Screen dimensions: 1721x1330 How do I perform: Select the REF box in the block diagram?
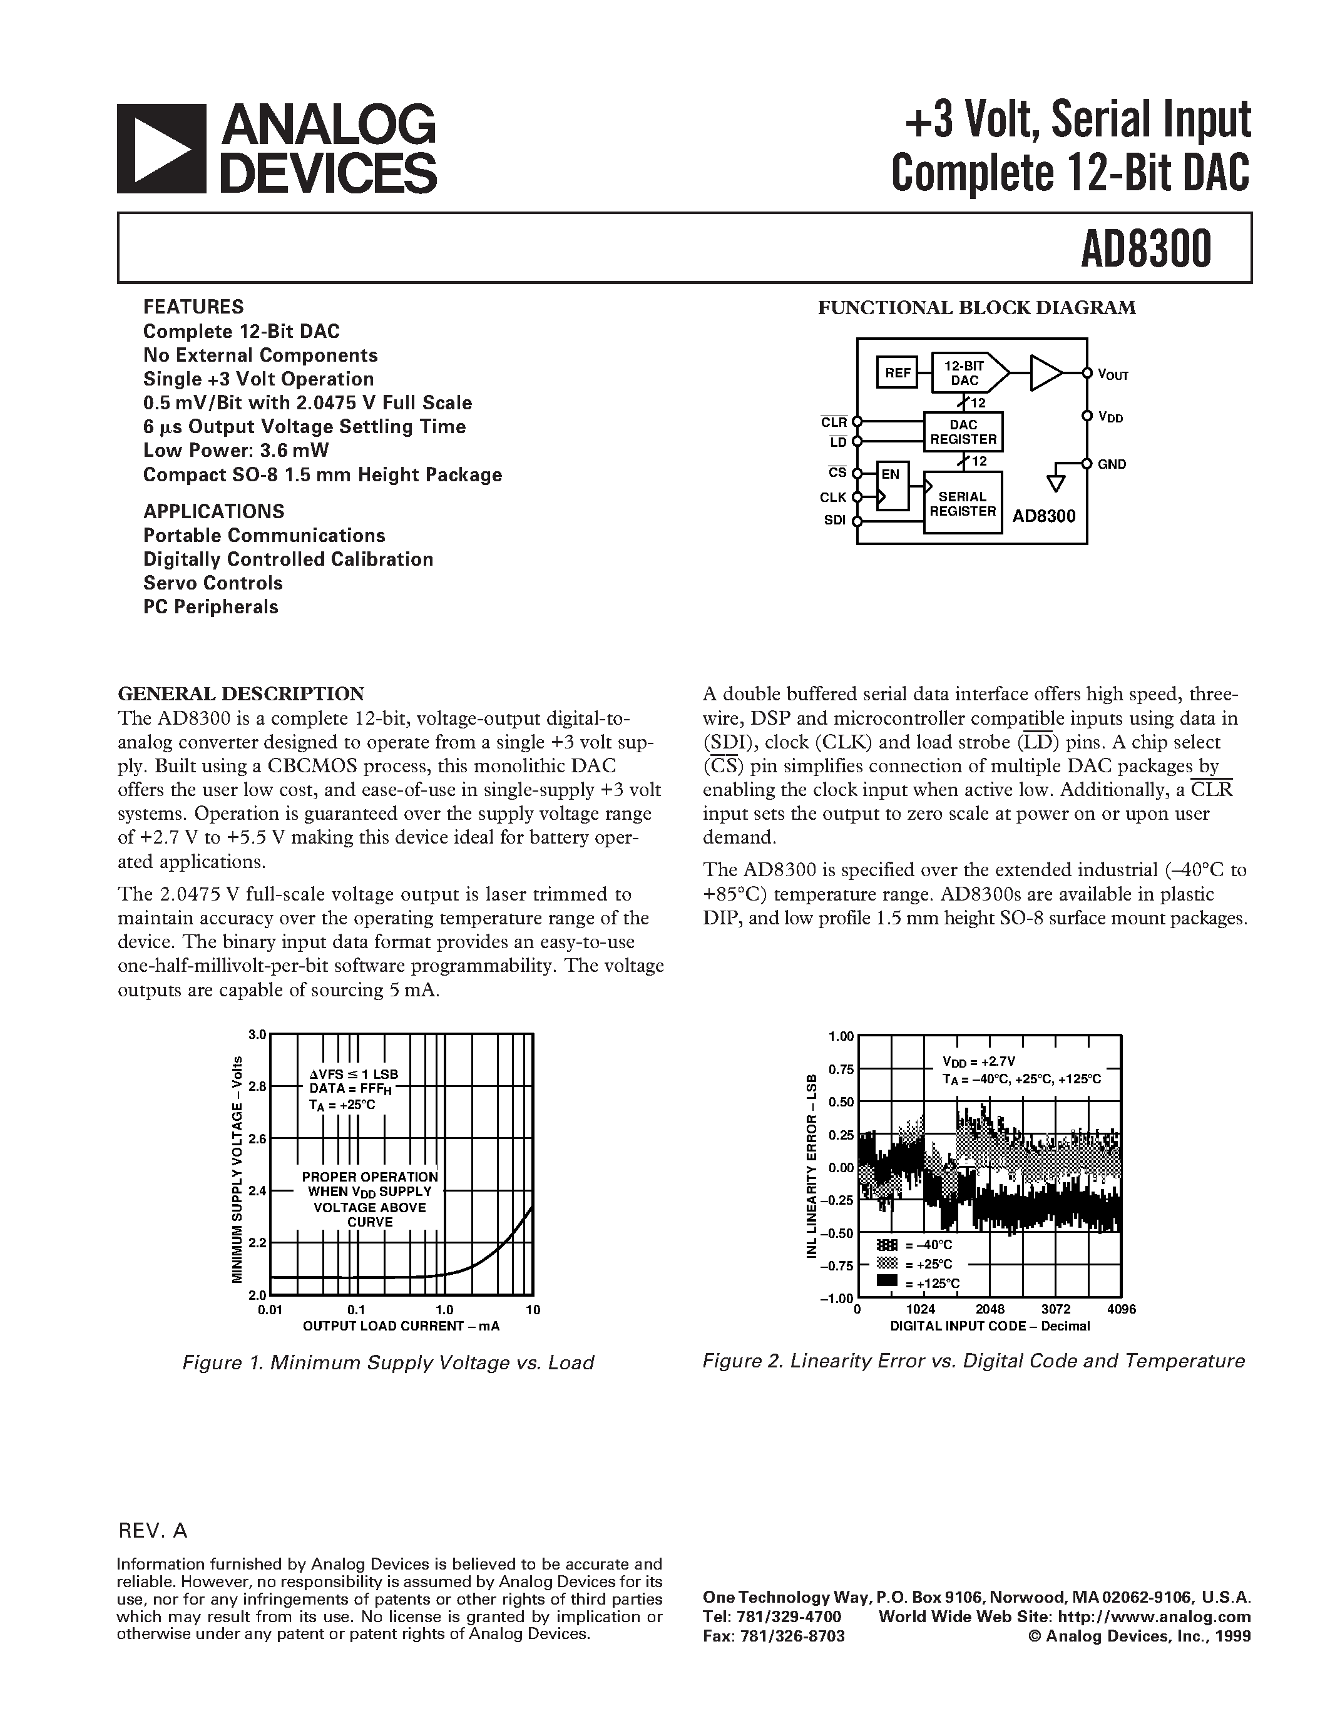[x=898, y=373]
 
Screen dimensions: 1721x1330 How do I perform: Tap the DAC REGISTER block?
[x=963, y=432]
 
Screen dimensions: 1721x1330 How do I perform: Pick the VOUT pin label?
[x=1113, y=374]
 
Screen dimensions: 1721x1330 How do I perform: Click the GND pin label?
[x=1112, y=464]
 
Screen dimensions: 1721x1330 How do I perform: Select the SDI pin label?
[x=834, y=521]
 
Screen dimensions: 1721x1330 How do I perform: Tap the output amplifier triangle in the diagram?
[x=1045, y=373]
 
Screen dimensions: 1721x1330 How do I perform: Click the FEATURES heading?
[x=193, y=307]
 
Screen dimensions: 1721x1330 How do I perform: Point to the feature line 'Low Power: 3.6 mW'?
[x=237, y=450]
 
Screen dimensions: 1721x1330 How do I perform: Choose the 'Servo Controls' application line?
[x=213, y=583]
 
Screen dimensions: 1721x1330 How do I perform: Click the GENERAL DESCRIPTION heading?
[x=241, y=693]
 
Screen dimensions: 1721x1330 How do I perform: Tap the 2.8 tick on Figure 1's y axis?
[x=258, y=1086]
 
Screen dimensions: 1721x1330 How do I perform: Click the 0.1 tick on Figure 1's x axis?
[x=356, y=1310]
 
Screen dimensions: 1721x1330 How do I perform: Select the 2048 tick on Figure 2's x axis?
[x=989, y=1309]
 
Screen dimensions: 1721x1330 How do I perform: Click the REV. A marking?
[x=153, y=1530]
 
